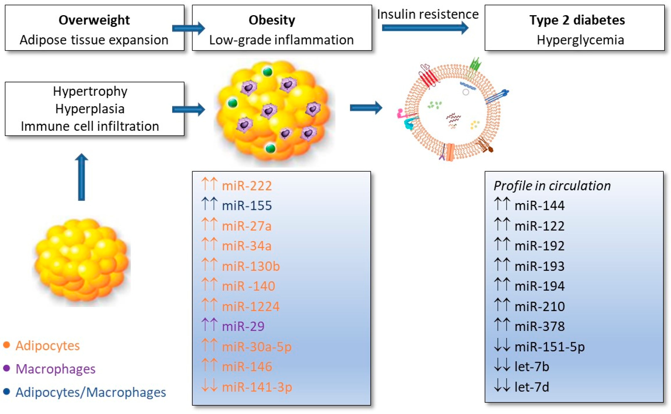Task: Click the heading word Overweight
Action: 94,20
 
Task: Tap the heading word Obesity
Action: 272,20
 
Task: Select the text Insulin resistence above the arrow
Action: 428,14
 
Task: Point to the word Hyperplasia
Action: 90,109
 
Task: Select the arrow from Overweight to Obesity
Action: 188,28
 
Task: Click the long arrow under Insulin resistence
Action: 425,28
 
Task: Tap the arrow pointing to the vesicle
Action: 366,108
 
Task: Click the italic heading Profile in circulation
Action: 552,186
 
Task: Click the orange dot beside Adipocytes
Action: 7,345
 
